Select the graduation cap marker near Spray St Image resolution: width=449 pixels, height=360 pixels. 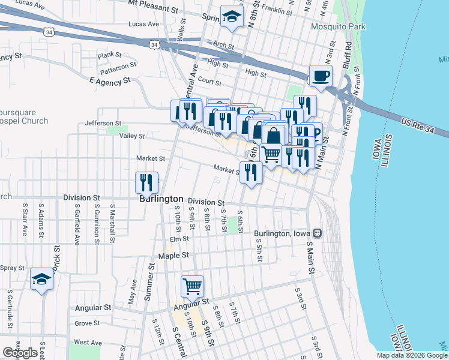pos(41,280)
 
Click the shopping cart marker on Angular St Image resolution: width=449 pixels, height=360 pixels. pos(192,287)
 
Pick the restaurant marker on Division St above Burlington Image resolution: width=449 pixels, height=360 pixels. pos(146,183)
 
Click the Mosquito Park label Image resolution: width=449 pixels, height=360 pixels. pos(338,26)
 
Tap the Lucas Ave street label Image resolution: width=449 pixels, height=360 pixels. pos(143,25)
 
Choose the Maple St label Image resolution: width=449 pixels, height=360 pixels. pos(173,256)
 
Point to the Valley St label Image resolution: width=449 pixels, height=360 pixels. pos(132,136)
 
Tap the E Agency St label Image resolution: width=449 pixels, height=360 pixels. pos(109,80)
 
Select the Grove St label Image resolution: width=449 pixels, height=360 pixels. pos(88,323)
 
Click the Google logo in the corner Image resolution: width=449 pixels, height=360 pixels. pos(20,353)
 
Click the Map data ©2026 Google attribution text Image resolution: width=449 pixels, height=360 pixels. pos(411,355)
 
